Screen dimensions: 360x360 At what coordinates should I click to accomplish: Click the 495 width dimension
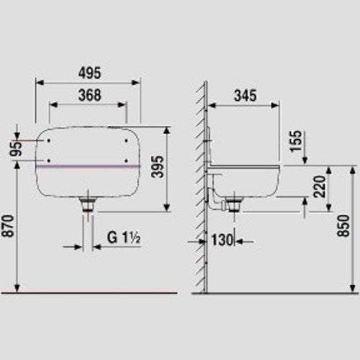coord(90,73)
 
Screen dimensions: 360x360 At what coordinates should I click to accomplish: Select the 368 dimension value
coord(90,95)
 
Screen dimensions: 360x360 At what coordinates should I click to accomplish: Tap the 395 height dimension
coord(158,166)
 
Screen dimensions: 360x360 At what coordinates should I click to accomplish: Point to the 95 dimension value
coord(17,149)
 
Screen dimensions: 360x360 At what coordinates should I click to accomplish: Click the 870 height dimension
coord(8,226)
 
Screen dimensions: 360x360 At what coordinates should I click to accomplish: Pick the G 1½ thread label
coord(124,238)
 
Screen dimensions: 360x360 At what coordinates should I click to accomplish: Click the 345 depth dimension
coord(246,95)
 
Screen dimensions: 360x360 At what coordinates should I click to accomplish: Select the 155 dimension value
coord(295,141)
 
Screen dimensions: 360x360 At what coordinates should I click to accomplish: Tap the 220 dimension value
coord(320,186)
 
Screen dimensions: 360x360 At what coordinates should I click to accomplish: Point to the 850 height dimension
coord(343,226)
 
